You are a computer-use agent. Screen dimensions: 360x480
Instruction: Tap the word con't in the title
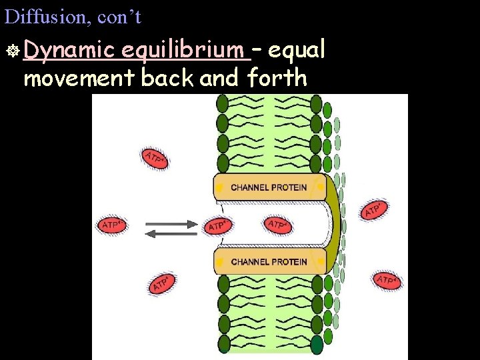[x=119, y=17]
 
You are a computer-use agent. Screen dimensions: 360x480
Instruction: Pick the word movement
[x=79, y=78]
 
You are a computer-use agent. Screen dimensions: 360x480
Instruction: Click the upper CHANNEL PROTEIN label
[x=269, y=187]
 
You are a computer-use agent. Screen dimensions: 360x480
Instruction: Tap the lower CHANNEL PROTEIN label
[x=269, y=262]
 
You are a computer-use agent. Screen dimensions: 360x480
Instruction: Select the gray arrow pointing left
[x=171, y=233]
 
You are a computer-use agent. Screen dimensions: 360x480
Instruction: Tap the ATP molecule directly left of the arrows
[x=113, y=225]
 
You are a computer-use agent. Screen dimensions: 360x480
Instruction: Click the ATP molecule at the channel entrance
[x=217, y=225]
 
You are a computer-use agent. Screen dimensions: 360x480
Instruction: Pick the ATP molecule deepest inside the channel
[x=278, y=225]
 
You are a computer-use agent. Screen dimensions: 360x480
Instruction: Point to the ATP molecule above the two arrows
[x=155, y=158]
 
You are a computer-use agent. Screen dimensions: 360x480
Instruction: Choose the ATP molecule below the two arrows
[x=163, y=283]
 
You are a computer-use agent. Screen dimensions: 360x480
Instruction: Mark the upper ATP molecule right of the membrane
[x=375, y=210]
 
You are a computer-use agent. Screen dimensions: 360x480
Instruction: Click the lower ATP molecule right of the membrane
[x=388, y=281]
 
